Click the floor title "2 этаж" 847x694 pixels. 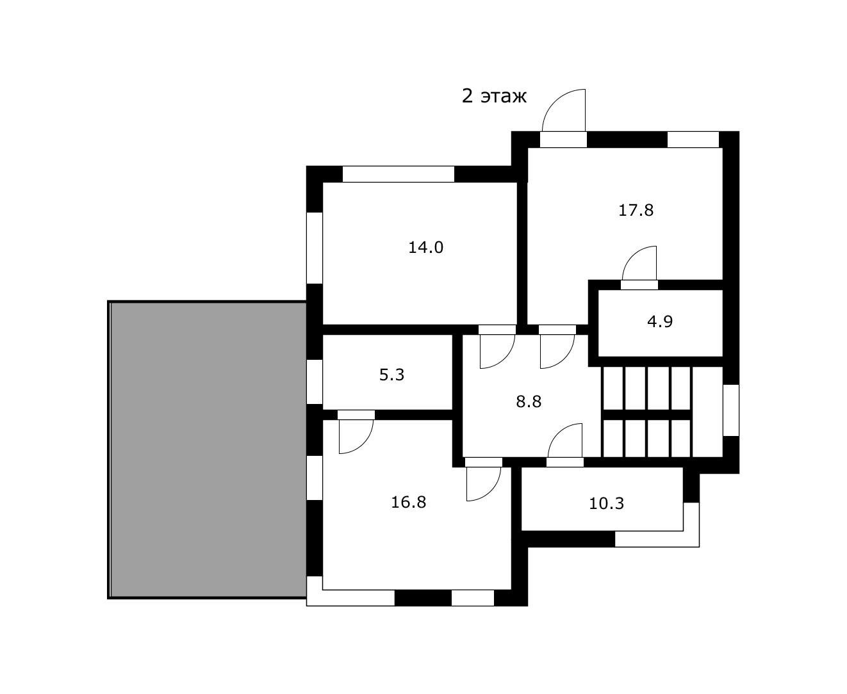(x=493, y=96)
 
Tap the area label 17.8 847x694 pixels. (x=636, y=211)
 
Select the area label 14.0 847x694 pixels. (x=425, y=247)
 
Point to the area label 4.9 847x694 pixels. (x=659, y=321)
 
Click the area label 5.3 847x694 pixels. (x=391, y=375)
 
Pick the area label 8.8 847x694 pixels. (x=529, y=401)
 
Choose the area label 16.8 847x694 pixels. (x=408, y=502)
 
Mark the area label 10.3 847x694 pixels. (x=606, y=503)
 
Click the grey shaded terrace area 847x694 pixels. (x=208, y=449)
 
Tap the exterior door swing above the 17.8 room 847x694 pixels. (x=563, y=110)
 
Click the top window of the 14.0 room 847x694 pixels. (x=398, y=173)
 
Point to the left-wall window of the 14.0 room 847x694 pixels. (x=315, y=248)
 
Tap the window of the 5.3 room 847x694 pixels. (x=315, y=382)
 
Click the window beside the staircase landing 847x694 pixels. (x=731, y=410)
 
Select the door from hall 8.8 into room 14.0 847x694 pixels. (x=497, y=347)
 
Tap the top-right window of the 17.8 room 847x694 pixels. (x=693, y=140)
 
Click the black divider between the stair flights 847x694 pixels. (x=646, y=414)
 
